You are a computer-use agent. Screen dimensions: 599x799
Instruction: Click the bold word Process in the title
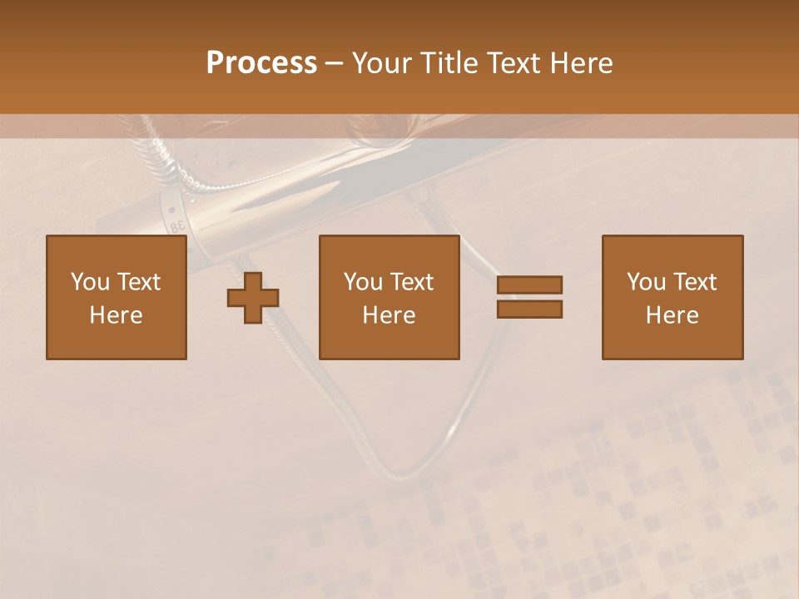pos(261,63)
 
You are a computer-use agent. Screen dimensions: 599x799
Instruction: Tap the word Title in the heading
pos(448,63)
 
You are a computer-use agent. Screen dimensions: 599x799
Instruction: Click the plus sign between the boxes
pos(253,297)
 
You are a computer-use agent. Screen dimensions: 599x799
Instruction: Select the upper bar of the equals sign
pos(529,285)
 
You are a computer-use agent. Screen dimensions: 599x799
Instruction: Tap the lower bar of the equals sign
pos(529,309)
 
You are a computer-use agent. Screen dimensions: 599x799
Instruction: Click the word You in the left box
pos(90,282)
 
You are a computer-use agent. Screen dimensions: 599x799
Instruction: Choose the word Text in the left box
pos(138,282)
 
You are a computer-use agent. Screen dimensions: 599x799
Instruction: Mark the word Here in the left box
pos(116,315)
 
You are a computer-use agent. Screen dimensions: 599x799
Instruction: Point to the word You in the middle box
pos(363,282)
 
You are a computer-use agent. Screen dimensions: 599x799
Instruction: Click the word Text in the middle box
pos(411,282)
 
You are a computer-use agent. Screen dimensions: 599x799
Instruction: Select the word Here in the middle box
pos(389,315)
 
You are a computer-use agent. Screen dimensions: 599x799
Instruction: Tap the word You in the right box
pos(646,282)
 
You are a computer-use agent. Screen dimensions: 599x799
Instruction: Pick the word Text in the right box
pos(694,282)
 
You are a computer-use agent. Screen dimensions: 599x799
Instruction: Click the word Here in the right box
pos(672,315)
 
